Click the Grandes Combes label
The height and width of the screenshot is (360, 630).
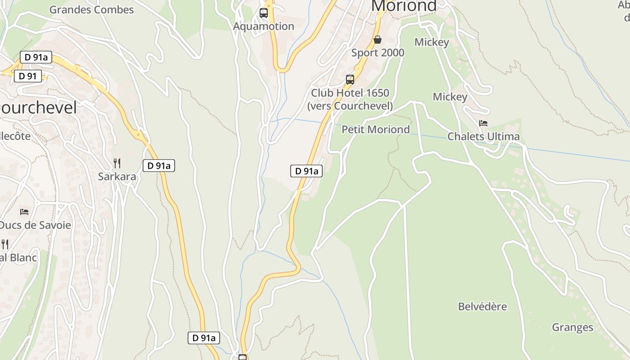coord(92,9)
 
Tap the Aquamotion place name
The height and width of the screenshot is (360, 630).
coord(264,26)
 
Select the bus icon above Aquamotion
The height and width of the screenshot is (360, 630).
coord(264,13)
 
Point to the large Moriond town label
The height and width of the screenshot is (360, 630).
coord(404,6)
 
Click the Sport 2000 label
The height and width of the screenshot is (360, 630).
coord(378,53)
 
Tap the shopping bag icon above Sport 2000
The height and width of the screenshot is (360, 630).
coord(378,40)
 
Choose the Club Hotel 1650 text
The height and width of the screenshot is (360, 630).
coord(350,93)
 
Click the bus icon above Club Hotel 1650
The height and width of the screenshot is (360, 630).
coord(350,80)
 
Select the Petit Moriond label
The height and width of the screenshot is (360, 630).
coord(376,130)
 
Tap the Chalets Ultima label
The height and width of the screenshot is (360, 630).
coord(483,136)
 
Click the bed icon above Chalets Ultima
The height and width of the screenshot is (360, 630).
coord(483,123)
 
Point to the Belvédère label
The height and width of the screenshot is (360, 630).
coord(482,307)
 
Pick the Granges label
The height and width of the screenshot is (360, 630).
coord(572,328)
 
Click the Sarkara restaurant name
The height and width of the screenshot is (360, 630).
coord(117,176)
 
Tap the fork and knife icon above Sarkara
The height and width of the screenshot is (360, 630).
coord(117,163)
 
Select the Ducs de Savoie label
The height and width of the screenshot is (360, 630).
coord(35,225)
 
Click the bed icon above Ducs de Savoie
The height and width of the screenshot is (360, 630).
coord(24,211)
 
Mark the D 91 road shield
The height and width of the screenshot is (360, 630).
coord(28,76)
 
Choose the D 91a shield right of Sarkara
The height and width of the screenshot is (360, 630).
coord(159,166)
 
